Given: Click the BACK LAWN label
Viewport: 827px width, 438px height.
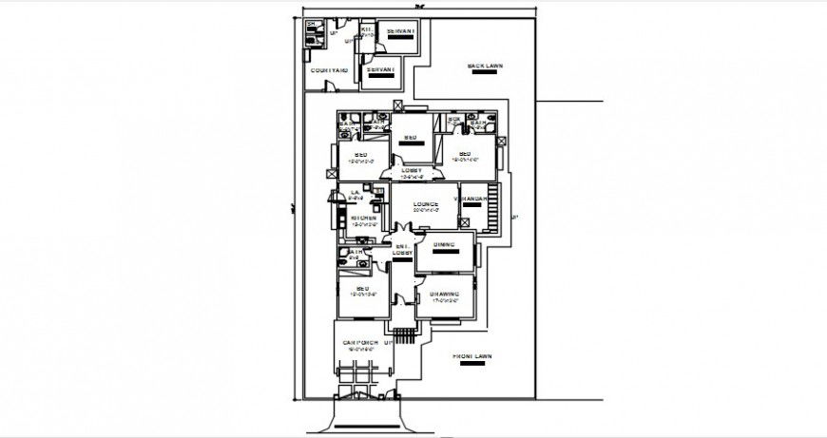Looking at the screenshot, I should pyautogui.click(x=484, y=67).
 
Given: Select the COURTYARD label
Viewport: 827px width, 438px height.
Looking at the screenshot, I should pyautogui.click(x=329, y=70).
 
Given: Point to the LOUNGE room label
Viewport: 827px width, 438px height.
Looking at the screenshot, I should pyautogui.click(x=424, y=204).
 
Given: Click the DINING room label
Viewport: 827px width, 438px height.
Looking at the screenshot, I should pyautogui.click(x=444, y=245).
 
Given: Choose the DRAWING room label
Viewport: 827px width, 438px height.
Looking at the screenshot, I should pyautogui.click(x=444, y=294).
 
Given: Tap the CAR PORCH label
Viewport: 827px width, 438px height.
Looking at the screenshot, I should pyautogui.click(x=360, y=342).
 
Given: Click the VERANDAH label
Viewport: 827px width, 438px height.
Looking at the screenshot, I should pyautogui.click(x=471, y=199).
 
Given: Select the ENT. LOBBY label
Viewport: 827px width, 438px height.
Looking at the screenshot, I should pyautogui.click(x=402, y=250).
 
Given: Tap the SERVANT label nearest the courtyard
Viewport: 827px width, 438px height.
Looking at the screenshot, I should pyautogui.click(x=380, y=69).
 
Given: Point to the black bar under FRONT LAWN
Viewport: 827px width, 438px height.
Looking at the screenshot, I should pyautogui.click(x=470, y=366).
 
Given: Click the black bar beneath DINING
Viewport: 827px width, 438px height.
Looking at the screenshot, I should pyautogui.click(x=444, y=254).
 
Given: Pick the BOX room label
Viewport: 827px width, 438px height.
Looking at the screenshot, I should pyautogui.click(x=454, y=119).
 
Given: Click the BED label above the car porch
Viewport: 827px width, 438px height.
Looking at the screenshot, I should pyautogui.click(x=362, y=288).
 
